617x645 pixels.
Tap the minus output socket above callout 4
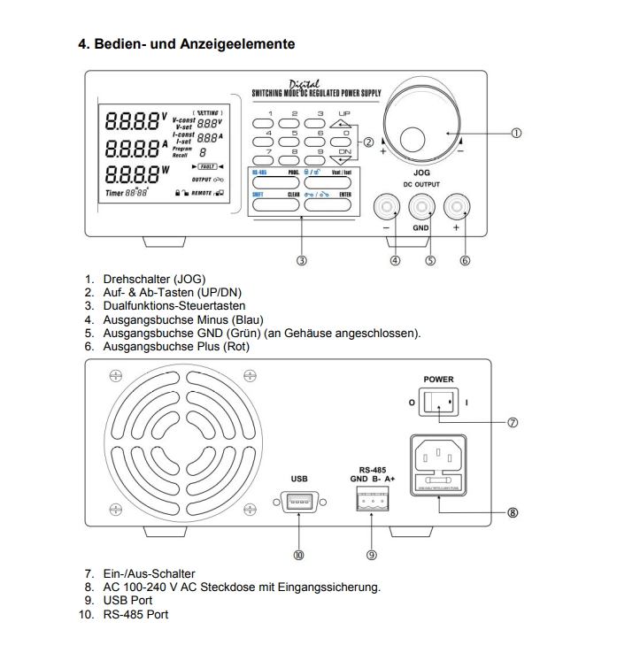(x=388, y=209)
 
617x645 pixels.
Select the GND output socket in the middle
(x=421, y=209)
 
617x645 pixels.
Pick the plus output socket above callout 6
(x=455, y=209)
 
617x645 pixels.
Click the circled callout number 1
(x=515, y=134)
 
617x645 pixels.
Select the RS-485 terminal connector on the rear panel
(x=371, y=501)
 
